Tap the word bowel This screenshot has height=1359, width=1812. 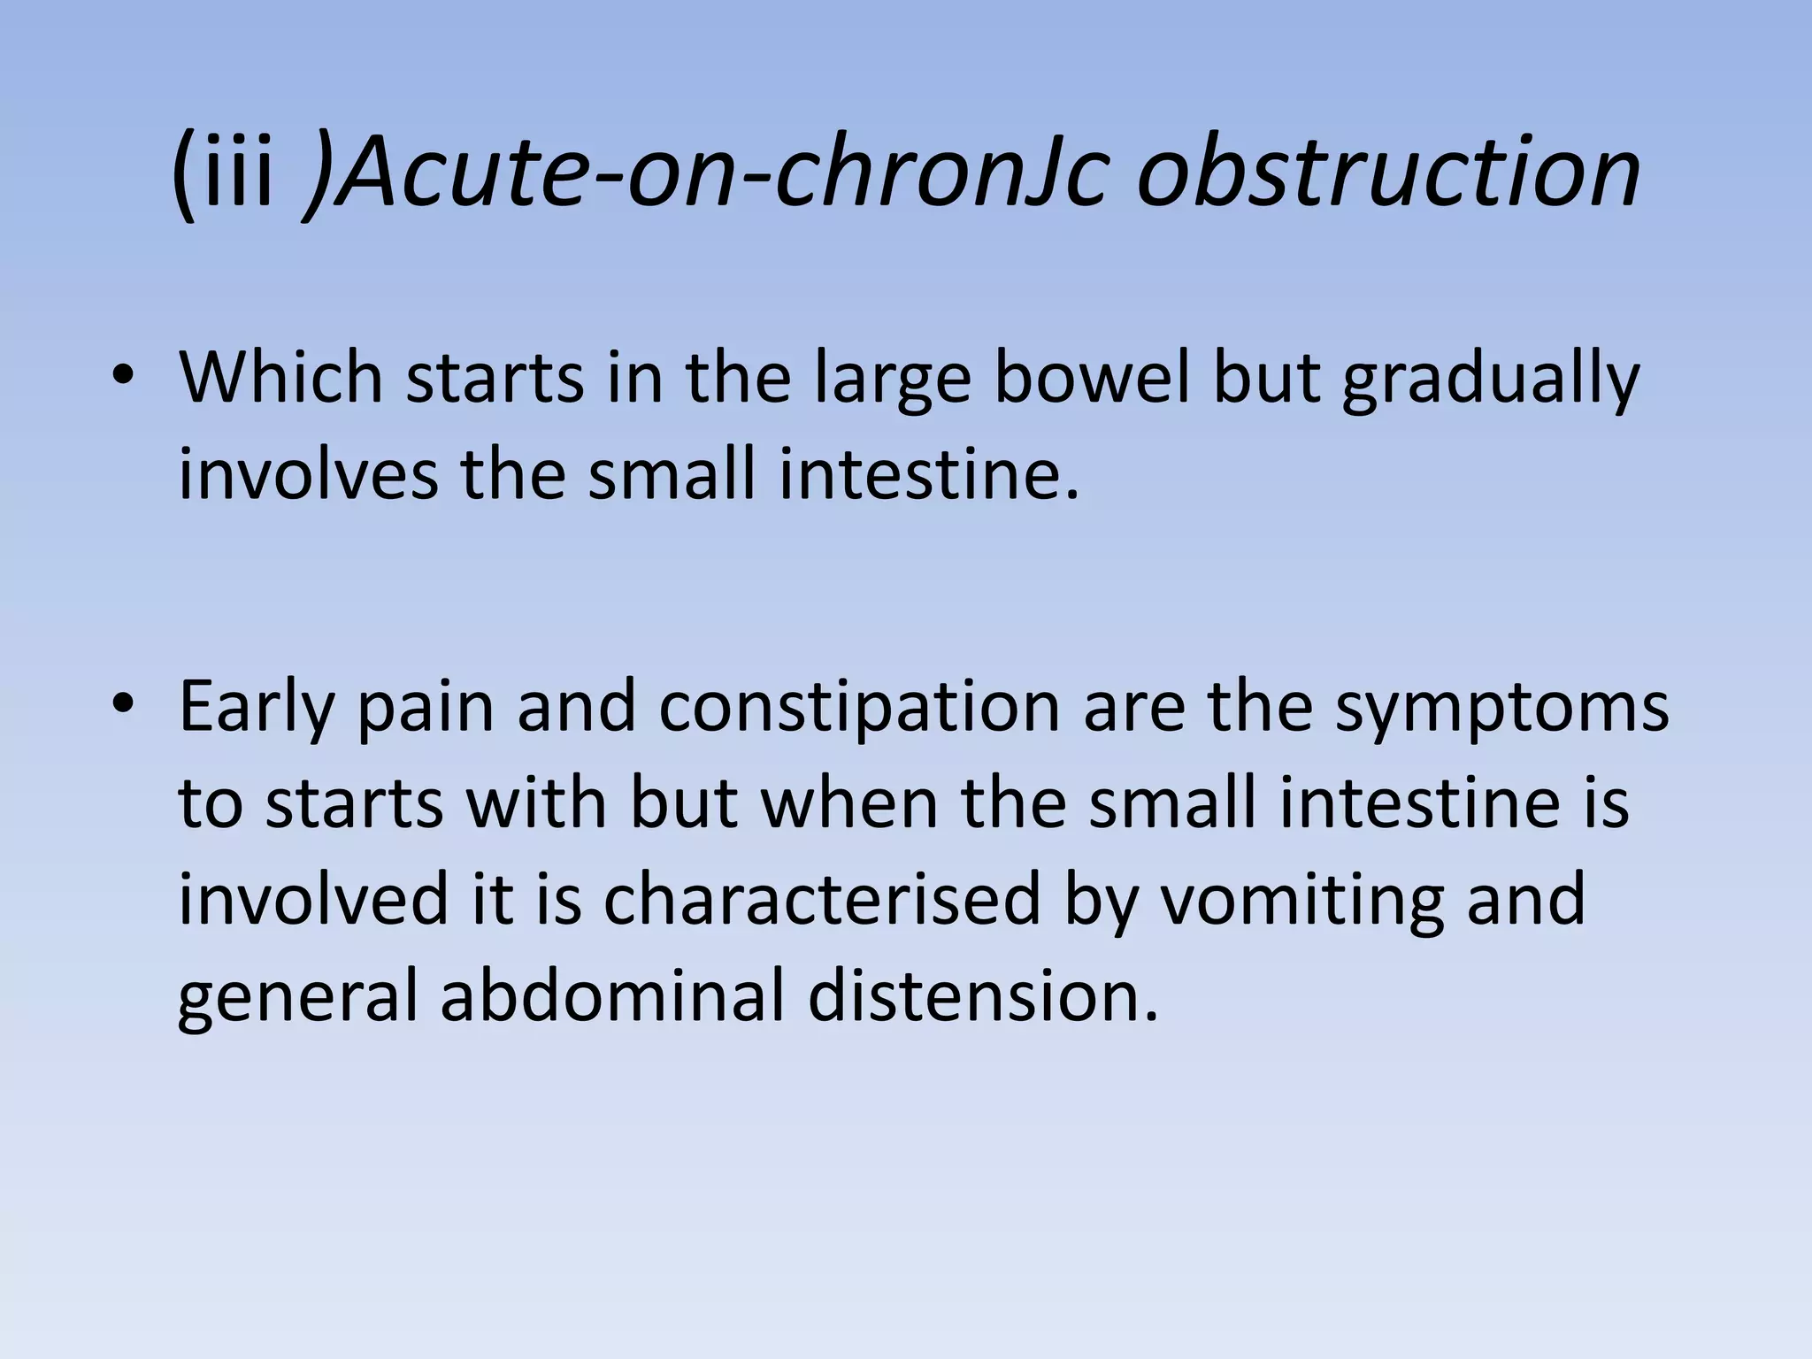pos(1092,377)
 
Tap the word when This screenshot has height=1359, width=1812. pos(850,803)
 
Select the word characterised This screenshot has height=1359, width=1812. pos(822,899)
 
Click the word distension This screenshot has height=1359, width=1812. pos(983,994)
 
